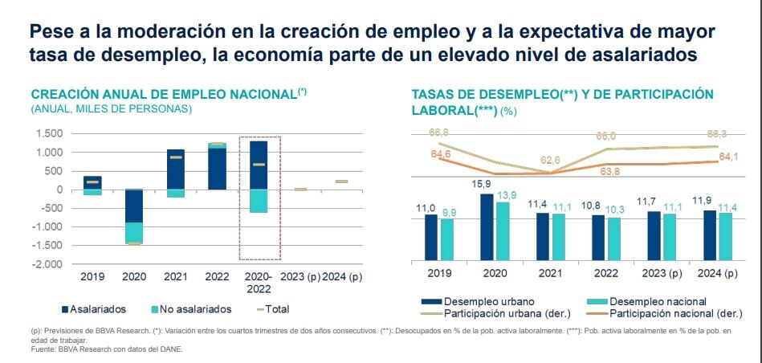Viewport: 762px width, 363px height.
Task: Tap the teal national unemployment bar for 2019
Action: pos(447,239)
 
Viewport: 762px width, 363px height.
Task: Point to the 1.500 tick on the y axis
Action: pos(51,134)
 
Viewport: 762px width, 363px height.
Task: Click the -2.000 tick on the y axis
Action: pos(48,264)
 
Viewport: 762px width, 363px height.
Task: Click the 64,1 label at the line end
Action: pos(728,157)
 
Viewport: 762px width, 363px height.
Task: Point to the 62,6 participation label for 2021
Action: pos(551,160)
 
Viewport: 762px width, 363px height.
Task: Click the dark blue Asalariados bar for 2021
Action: pos(175,169)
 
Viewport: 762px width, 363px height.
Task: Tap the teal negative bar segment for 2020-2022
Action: pos(259,201)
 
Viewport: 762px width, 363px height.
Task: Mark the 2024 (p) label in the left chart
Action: pos(342,277)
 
